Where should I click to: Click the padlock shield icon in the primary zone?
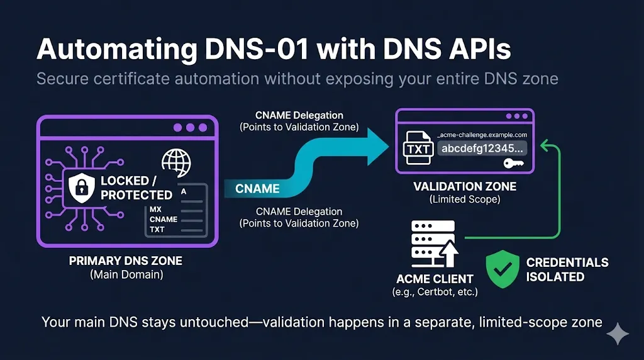pyautogui.click(x=80, y=186)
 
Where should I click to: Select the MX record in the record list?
pyautogui.click(x=156, y=209)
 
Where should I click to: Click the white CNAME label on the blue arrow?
pyautogui.click(x=257, y=188)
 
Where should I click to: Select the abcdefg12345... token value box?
pyautogui.click(x=482, y=149)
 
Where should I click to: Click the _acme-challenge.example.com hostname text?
pyautogui.click(x=481, y=135)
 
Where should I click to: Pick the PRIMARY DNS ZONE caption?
pyautogui.click(x=126, y=261)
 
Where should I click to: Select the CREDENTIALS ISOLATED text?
pyautogui.click(x=567, y=269)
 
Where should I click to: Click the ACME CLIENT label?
pyautogui.click(x=435, y=279)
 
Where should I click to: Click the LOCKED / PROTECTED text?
pyautogui.click(x=136, y=188)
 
